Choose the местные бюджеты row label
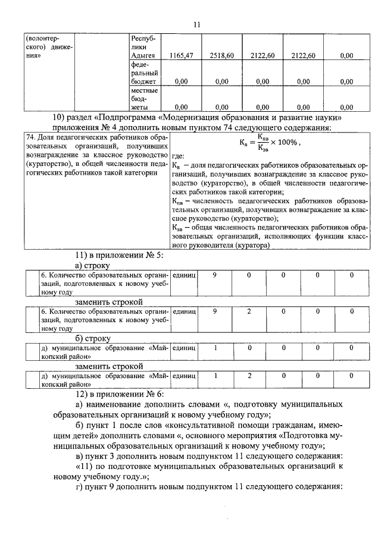(x=143, y=99)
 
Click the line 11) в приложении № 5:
(x=111, y=256)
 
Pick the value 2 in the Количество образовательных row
(x=249, y=311)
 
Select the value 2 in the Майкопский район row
(x=249, y=376)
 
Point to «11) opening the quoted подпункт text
(x=87, y=466)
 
